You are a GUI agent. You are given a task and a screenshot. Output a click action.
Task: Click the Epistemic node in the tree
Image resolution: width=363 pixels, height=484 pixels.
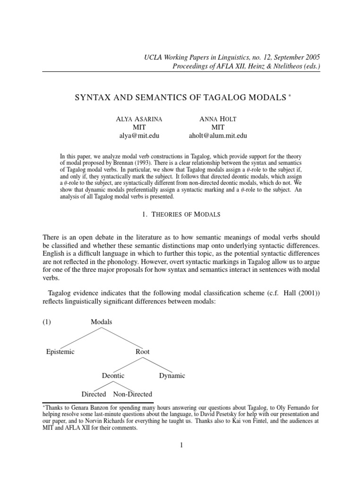click(60, 352)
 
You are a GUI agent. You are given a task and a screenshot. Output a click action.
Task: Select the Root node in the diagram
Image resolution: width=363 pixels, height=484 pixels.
click(142, 352)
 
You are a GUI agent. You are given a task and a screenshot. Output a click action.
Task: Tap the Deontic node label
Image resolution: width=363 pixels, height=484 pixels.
click(113, 376)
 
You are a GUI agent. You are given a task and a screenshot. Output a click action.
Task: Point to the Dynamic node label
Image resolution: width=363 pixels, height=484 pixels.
click(172, 376)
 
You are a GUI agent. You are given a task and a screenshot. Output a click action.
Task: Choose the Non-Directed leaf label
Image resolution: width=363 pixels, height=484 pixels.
click(133, 394)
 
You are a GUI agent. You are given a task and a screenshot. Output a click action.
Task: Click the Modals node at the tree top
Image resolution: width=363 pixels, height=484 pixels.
click(101, 322)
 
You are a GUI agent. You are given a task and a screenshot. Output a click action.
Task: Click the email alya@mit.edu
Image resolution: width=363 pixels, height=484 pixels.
click(139, 136)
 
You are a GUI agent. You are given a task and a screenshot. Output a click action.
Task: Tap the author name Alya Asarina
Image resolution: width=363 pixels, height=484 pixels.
click(139, 119)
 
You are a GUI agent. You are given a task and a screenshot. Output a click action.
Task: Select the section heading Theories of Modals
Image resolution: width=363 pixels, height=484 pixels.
click(181, 214)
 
